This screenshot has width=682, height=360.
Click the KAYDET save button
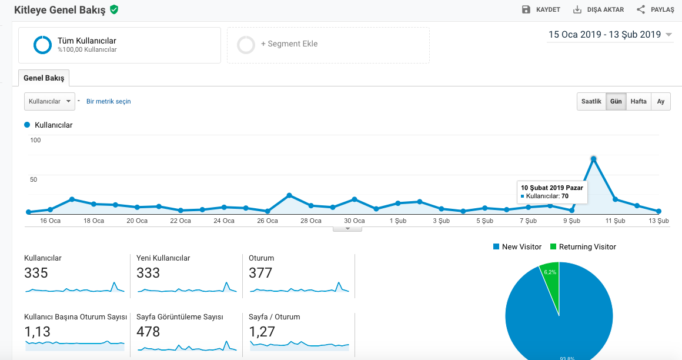[541, 9]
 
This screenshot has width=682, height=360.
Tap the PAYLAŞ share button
[655, 9]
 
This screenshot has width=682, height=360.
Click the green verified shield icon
[114, 9]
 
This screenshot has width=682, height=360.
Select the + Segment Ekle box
[329, 45]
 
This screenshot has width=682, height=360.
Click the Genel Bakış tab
[44, 78]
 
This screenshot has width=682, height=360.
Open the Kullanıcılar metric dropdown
[49, 101]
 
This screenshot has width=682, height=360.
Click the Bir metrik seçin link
[108, 101]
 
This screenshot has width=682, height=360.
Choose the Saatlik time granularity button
[591, 101]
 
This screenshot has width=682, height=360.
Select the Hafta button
[638, 101]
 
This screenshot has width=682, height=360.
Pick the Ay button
[661, 101]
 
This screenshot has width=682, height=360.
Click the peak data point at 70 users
[593, 159]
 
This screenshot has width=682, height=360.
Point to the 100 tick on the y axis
[35, 140]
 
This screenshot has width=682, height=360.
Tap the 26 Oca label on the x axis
[267, 221]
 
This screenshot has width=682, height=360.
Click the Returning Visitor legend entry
[583, 247]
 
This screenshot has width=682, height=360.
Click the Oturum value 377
[260, 273]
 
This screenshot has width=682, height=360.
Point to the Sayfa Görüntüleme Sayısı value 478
[148, 332]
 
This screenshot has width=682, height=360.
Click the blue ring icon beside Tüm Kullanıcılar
[42, 45]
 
